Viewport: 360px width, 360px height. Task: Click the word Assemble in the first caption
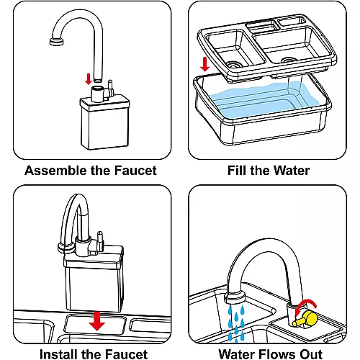pyautogui.click(x=56, y=171)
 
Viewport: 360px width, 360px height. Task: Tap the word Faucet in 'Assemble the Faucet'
pyautogui.click(x=135, y=171)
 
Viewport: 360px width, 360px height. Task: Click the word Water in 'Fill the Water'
pyautogui.click(x=292, y=171)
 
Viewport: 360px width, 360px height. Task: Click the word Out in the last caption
pyautogui.click(x=311, y=354)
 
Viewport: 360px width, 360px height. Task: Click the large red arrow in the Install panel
pyautogui.click(x=96, y=321)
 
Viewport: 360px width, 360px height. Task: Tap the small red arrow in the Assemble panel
pyautogui.click(x=89, y=79)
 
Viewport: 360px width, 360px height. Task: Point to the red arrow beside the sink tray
pyautogui.click(x=204, y=64)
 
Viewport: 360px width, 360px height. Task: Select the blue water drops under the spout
pyautogui.click(x=236, y=323)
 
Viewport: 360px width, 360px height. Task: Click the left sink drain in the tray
pyautogui.click(x=234, y=64)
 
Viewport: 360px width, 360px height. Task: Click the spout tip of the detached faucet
pyautogui.click(x=57, y=42)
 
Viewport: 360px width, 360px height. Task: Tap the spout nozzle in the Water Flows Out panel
pyautogui.click(x=235, y=298)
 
